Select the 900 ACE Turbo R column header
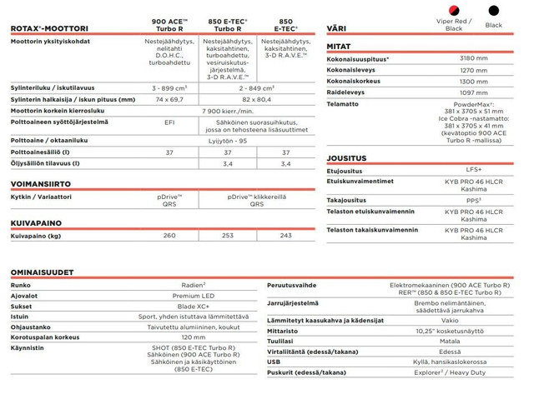click(169, 24)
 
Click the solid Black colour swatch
click(494, 12)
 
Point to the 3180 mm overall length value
click(474, 58)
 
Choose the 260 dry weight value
click(169, 236)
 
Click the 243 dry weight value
click(286, 236)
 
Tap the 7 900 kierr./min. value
click(228, 110)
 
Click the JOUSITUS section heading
click(347, 157)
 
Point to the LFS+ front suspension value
click(474, 170)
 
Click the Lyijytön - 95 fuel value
click(228, 141)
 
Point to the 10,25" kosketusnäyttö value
click(474, 331)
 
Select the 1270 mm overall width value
click(474, 70)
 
